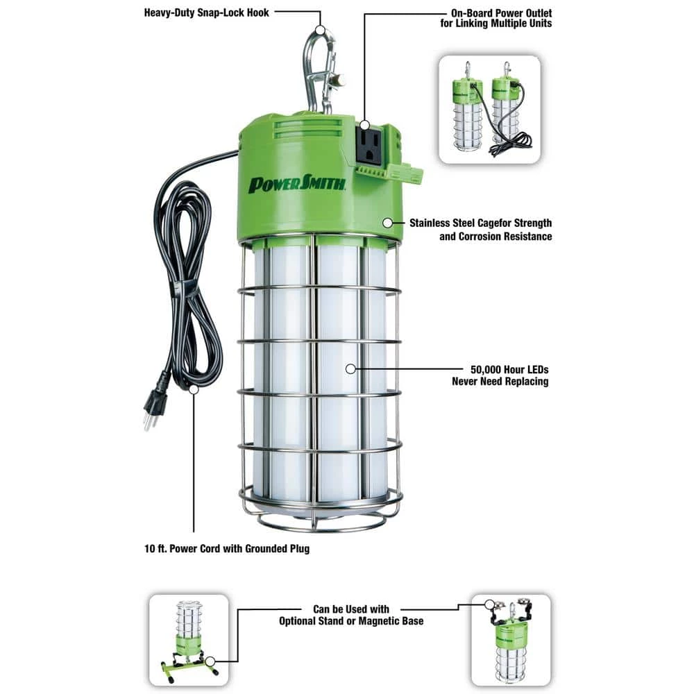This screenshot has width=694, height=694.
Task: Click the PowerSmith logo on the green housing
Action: (296, 184)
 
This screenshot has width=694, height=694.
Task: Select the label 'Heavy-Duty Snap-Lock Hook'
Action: (206, 12)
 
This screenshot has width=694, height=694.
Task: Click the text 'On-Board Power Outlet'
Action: (501, 13)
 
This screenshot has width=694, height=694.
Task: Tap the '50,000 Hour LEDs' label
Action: (509, 370)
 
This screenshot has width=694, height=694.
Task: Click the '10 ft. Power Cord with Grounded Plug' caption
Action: (227, 549)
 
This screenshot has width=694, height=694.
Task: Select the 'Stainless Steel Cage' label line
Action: (480, 223)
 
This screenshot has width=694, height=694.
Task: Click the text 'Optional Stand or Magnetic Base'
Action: (351, 621)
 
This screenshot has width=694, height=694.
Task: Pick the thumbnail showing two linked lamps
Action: (489, 110)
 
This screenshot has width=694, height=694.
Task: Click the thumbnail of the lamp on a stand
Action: (189, 640)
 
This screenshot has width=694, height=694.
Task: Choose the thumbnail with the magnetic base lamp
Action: (511, 640)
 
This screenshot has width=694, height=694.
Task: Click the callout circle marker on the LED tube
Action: (350, 369)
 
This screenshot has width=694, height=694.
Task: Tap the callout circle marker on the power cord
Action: (194, 389)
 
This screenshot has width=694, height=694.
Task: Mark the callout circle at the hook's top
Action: (321, 30)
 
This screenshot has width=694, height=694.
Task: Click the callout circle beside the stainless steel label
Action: (388, 223)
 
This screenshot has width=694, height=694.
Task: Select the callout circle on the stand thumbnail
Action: (210, 661)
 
